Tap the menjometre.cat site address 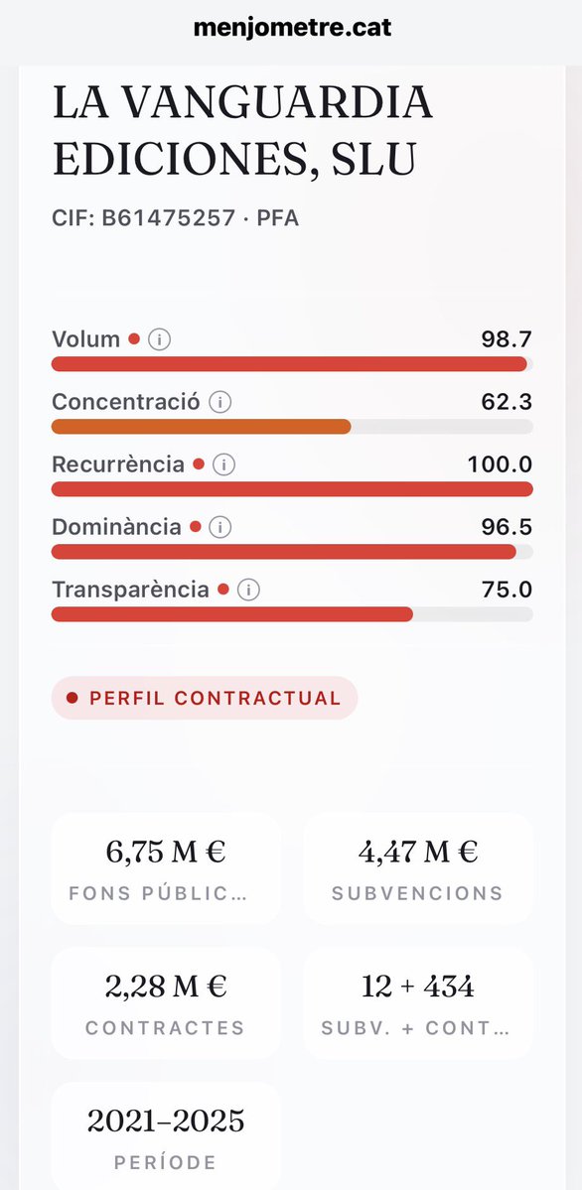[292, 27]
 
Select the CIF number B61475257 [168, 218]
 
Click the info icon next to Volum [159, 339]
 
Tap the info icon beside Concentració [220, 402]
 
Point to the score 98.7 [507, 339]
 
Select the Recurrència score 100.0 [500, 464]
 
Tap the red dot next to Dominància [196, 527]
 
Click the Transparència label [130, 590]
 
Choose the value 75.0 [507, 590]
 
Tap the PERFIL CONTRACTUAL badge [205, 698]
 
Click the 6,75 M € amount [166, 852]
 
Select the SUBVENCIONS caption [417, 893]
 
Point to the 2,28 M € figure [166, 987]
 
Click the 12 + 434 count [417, 987]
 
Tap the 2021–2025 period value [166, 1122]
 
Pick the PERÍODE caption [166, 1162]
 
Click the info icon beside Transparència [248, 590]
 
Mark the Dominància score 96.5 [507, 527]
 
